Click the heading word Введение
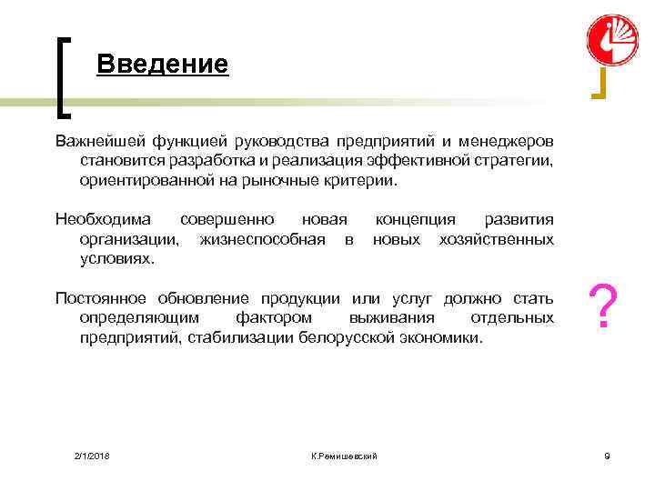point(162,65)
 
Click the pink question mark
point(605,307)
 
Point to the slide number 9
point(607,454)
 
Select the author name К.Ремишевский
point(343,454)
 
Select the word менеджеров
point(508,142)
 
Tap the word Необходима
point(103,220)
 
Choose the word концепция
point(416,220)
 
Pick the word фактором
point(273,318)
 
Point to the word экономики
point(442,337)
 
